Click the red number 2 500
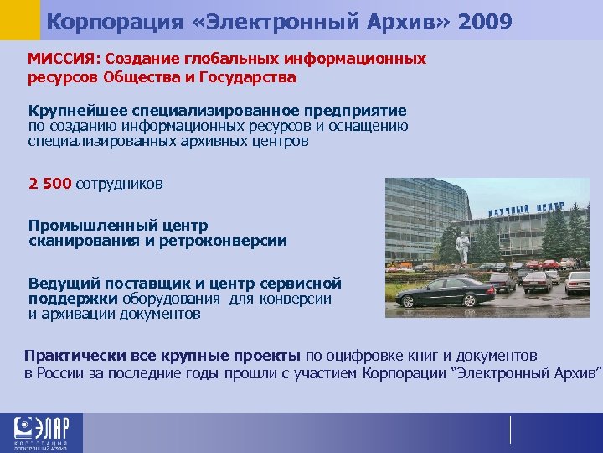50,184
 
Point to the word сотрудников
120,184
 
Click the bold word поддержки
74,299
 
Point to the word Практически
70,356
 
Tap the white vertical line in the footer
510,430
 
